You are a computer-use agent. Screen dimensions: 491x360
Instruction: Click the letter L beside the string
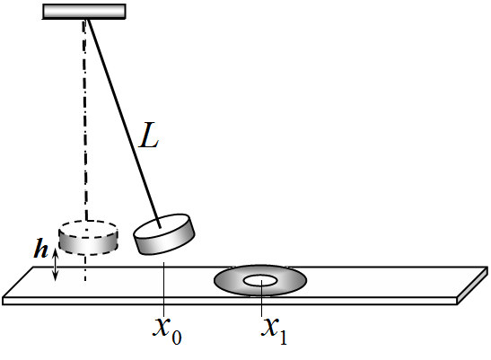(x=149, y=135)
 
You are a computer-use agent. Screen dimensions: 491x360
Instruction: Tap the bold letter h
(x=41, y=249)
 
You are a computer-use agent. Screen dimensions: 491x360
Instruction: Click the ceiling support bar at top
(x=83, y=12)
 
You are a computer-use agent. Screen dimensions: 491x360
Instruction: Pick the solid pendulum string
(x=124, y=124)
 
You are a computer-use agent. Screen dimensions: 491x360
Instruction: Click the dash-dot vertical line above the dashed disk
(x=85, y=119)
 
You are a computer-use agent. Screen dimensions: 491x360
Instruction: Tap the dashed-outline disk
(x=88, y=237)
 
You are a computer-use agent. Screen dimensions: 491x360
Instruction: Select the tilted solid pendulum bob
(x=164, y=233)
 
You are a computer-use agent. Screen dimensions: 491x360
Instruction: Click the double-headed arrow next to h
(x=55, y=265)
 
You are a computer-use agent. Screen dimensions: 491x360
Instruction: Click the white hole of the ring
(x=260, y=281)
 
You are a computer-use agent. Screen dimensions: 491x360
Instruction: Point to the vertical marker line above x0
(x=163, y=289)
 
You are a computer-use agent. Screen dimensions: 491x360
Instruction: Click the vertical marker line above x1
(x=262, y=298)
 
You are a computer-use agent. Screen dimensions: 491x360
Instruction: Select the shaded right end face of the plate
(x=473, y=285)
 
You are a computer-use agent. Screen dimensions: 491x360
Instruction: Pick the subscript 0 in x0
(x=177, y=338)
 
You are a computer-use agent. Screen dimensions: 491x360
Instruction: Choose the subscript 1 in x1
(x=284, y=338)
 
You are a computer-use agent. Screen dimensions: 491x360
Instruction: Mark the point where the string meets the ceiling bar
(x=88, y=20)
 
